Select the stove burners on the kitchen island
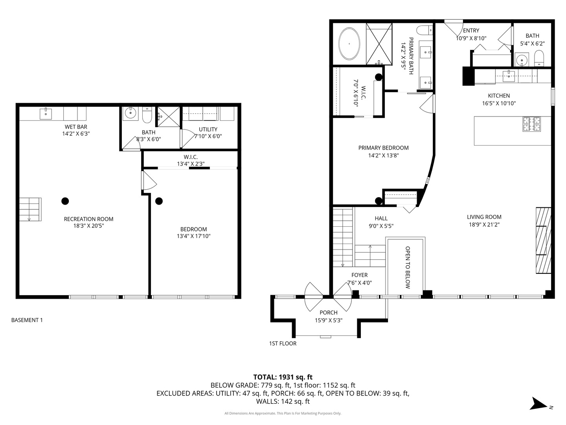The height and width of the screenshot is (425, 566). [531, 124]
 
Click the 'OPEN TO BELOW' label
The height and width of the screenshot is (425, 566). [408, 267]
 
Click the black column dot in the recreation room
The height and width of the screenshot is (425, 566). [65, 201]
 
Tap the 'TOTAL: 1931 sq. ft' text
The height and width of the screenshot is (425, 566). [283, 377]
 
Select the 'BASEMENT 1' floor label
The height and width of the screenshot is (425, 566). [27, 320]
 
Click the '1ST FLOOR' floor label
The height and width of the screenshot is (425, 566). [283, 344]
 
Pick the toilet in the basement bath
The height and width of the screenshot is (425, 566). [147, 115]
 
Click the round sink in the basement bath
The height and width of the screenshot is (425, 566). [131, 113]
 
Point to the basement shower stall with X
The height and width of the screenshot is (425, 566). [169, 116]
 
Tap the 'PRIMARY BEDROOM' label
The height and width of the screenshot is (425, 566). [384, 148]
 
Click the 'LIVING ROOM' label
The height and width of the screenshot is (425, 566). [484, 217]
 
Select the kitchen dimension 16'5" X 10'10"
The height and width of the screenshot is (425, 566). [499, 103]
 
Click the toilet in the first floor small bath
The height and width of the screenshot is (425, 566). [539, 58]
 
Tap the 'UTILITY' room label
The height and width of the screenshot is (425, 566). [208, 129]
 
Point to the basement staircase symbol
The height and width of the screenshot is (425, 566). [30, 209]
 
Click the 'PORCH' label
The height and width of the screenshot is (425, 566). [329, 312]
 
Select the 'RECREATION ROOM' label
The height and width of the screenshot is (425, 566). [89, 219]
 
